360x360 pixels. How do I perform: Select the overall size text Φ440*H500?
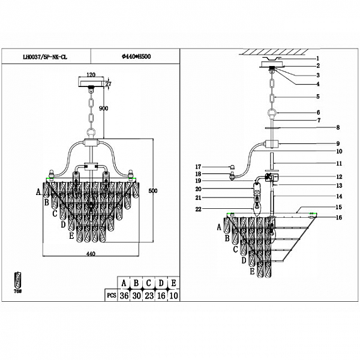(136, 56)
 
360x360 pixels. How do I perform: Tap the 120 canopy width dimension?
(92, 76)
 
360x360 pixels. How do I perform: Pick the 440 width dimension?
(91, 254)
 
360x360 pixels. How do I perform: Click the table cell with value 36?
(125, 296)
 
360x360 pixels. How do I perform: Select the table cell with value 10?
(173, 296)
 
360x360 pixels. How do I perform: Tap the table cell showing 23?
(149, 296)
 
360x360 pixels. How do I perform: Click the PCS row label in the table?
(109, 296)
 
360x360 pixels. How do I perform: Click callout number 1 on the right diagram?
(318, 58)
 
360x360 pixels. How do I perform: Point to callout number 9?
(338, 144)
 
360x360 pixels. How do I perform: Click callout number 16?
(338, 217)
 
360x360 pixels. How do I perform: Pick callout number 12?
(338, 176)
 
